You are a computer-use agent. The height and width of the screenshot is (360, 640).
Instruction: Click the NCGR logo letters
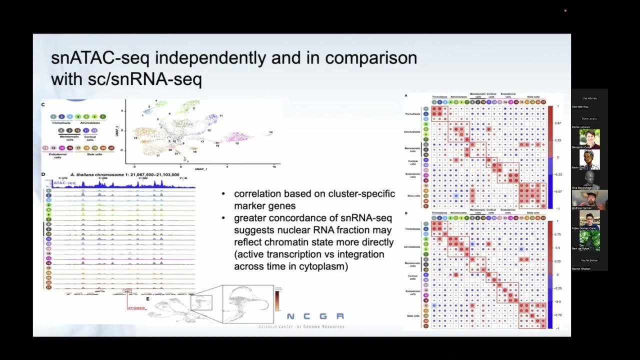pos(315,316)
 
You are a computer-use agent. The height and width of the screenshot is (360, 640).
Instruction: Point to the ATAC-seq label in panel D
pos(64,183)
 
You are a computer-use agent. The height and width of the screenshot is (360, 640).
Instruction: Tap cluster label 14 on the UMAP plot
pos(270,132)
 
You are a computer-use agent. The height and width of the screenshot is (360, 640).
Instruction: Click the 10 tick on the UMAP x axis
pos(273,166)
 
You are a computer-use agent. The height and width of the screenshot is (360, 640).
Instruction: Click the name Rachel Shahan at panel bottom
pos(581,268)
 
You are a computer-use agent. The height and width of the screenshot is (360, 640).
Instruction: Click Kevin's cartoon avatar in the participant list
pos(589,159)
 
